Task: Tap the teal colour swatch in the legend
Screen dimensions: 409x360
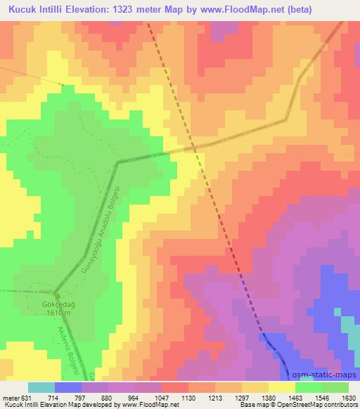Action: pos(41,387)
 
